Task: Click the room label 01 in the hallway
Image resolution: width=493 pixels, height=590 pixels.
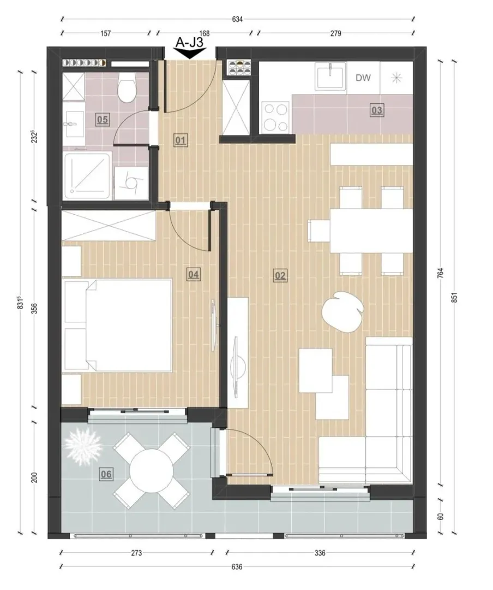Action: coord(181,141)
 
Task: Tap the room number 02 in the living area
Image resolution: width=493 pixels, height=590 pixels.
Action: coord(280,276)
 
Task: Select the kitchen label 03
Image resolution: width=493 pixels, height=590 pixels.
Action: coord(376,110)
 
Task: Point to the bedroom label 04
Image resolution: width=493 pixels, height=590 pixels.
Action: coord(193,274)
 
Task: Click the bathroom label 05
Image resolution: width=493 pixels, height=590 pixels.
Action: coord(102,120)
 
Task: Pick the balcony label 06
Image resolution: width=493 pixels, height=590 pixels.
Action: coord(106,474)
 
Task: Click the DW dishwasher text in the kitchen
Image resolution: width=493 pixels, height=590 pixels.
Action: coord(363,78)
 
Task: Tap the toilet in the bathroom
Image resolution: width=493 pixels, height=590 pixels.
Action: coord(127,88)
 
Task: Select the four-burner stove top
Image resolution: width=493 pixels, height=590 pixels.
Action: coord(276,117)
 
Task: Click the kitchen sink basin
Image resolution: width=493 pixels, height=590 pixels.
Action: coord(330,77)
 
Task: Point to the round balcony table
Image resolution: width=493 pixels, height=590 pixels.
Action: coord(152,471)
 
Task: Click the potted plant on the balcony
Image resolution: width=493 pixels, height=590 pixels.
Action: coord(83,446)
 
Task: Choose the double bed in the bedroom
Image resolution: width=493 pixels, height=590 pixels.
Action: coord(118,325)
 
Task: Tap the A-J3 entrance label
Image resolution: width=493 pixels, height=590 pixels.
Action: coord(189,42)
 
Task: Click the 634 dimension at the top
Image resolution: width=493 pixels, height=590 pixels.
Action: coord(237,19)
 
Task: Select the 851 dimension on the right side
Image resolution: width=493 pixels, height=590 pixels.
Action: coord(454,298)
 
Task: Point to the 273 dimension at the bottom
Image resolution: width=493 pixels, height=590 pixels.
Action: coord(136,553)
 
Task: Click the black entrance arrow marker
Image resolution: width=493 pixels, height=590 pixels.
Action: coord(189,54)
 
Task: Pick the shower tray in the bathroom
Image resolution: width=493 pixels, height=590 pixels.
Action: coord(87,176)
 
